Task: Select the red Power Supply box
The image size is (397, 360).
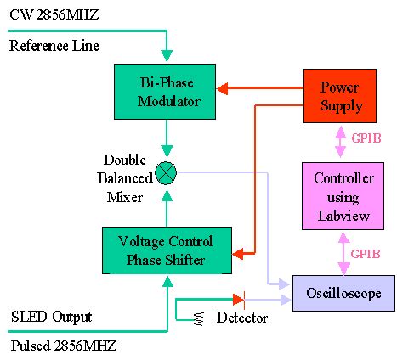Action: coord(341,97)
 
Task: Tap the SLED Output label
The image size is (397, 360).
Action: coord(50,317)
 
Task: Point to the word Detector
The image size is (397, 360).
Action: coord(242,318)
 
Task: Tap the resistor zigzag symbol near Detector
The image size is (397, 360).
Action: coord(199,318)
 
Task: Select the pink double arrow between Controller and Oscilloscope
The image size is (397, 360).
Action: coord(343,254)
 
